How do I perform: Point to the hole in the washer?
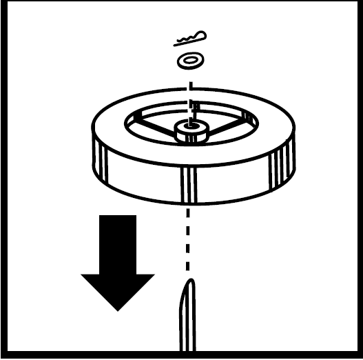tap(191, 60)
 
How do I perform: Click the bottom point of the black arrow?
tap(118, 310)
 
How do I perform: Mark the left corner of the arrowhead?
tap(83, 274)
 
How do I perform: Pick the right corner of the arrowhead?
tap(153, 274)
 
